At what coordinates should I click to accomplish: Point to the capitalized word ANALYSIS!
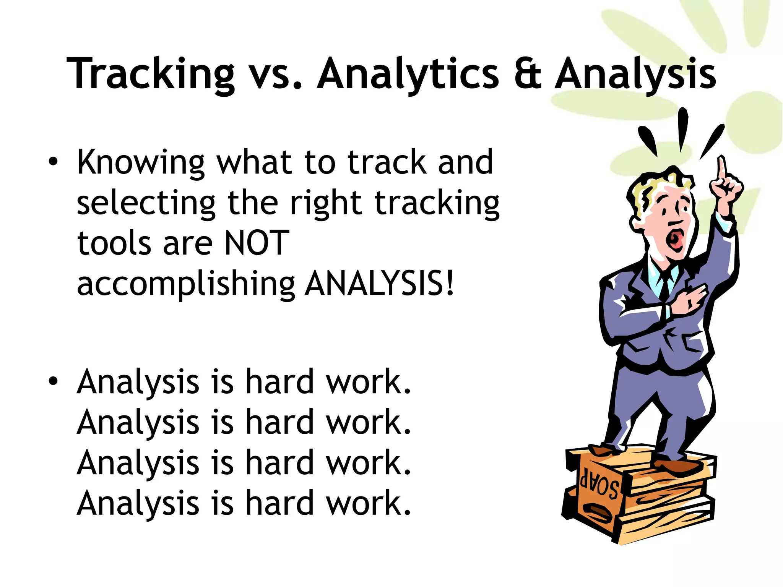(380, 284)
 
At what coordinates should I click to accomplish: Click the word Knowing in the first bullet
(141, 162)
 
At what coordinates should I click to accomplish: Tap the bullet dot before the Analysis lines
(53, 381)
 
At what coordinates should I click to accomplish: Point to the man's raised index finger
(721, 168)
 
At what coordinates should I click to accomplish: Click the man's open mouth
(674, 239)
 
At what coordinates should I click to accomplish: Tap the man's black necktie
(666, 285)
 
